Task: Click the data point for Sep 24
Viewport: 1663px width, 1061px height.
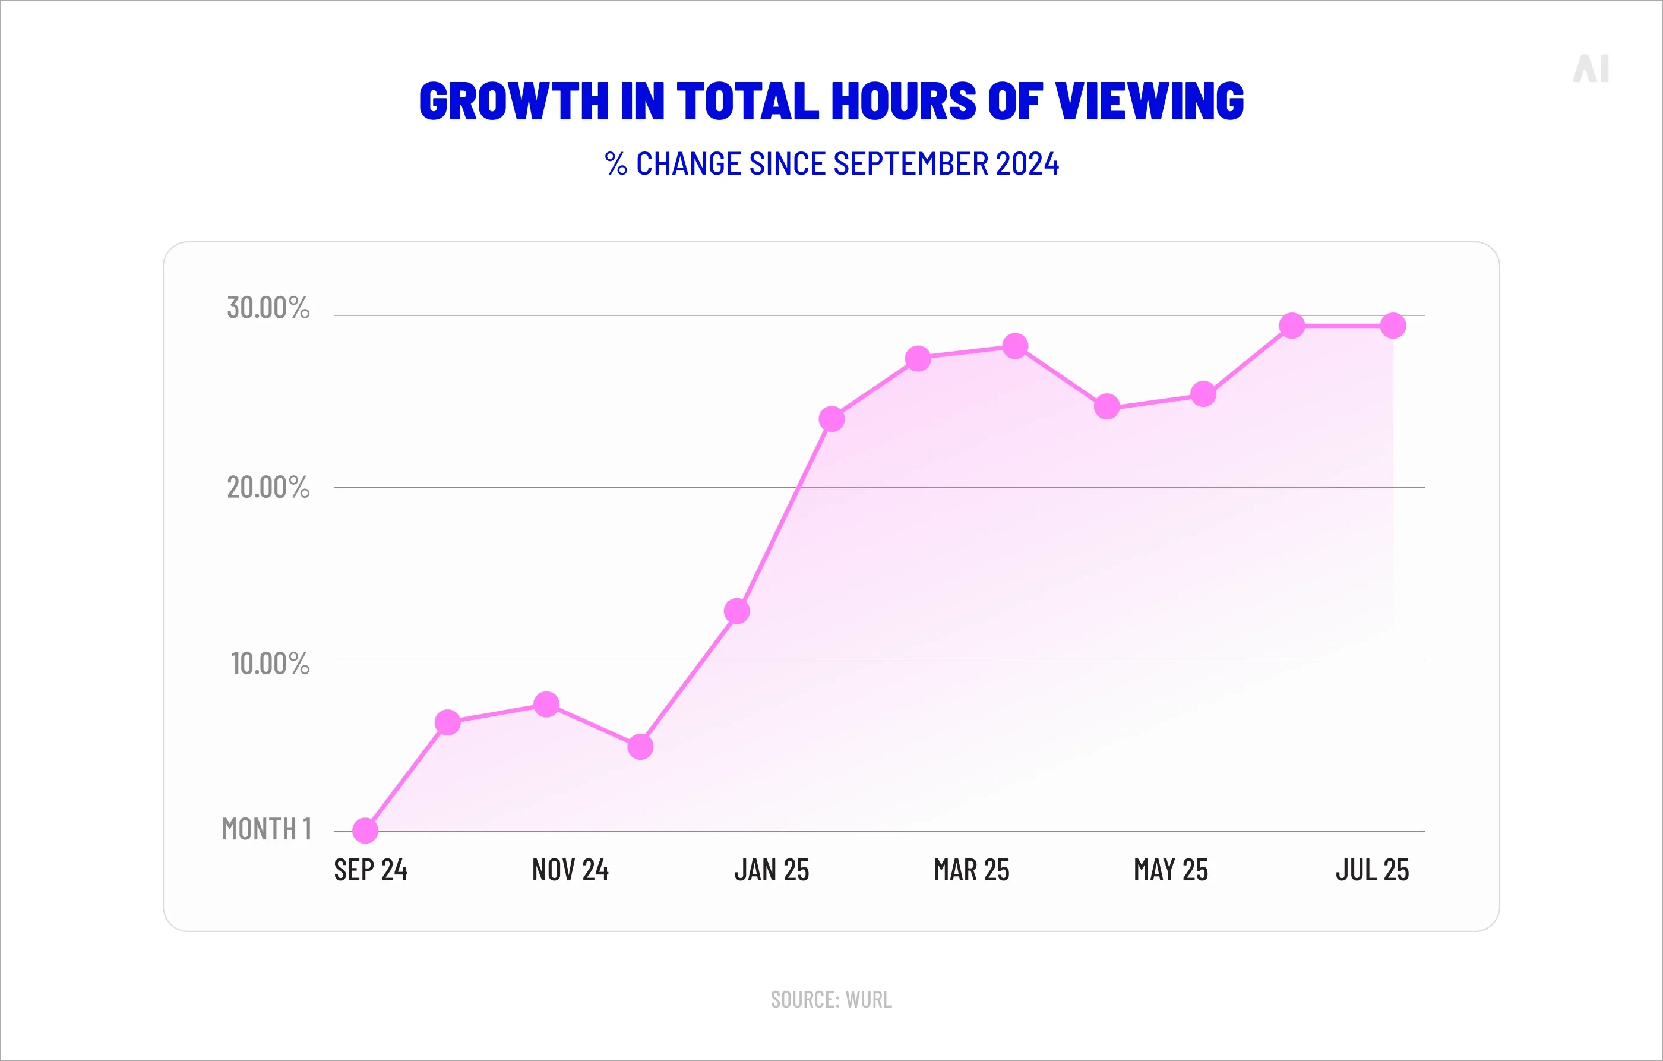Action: click(x=365, y=831)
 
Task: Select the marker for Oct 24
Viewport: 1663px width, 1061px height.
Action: click(x=447, y=722)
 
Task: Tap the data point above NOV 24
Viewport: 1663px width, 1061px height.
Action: click(x=546, y=705)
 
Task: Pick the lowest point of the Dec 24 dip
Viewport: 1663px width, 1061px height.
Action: click(x=640, y=747)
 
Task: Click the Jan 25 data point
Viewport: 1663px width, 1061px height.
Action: click(x=737, y=611)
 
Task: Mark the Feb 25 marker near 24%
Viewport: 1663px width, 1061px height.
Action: click(x=832, y=419)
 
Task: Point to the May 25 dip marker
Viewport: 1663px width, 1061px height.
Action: click(x=1107, y=407)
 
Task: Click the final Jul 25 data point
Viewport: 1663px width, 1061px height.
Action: click(x=1393, y=326)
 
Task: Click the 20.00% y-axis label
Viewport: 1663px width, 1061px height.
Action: click(x=268, y=488)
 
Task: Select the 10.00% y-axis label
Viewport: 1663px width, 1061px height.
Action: click(x=269, y=664)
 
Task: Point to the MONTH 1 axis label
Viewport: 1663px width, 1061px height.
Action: click(x=267, y=829)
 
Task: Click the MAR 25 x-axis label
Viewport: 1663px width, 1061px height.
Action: click(x=971, y=870)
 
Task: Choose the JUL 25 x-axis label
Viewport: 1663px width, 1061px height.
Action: click(x=1371, y=870)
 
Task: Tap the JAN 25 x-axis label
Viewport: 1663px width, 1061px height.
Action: click(x=772, y=870)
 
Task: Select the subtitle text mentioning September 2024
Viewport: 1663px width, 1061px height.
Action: click(x=832, y=165)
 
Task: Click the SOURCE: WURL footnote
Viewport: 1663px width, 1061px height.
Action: click(x=831, y=1000)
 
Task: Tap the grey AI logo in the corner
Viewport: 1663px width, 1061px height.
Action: click(x=1591, y=69)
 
